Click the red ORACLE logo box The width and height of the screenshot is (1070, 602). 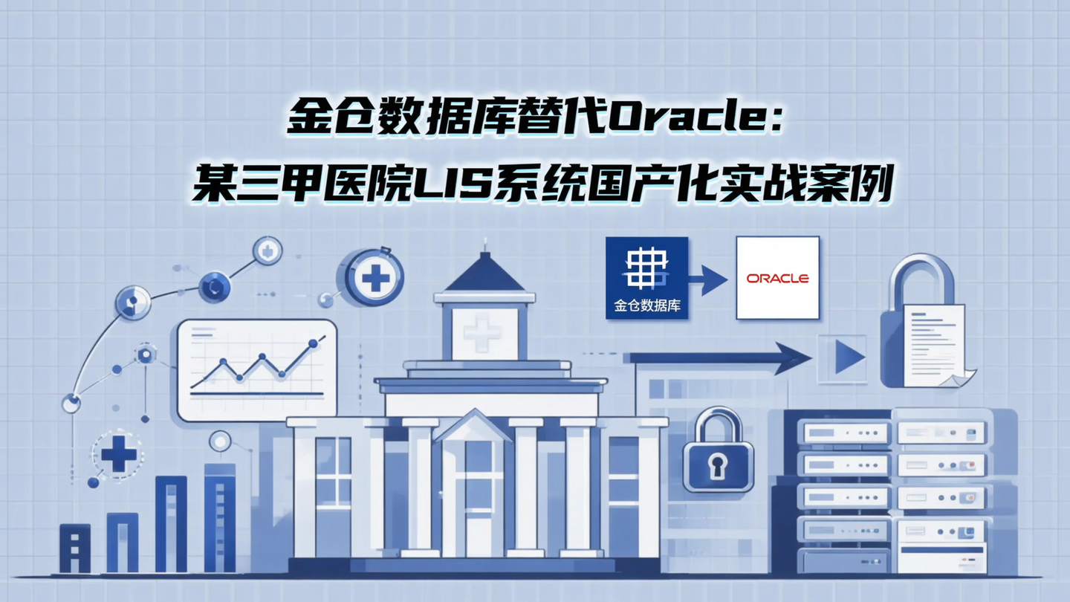click(x=777, y=278)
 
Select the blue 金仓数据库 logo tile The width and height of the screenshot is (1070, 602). click(x=646, y=278)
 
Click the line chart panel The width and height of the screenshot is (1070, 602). click(x=257, y=369)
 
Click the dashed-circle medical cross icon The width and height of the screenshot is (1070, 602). click(x=118, y=453)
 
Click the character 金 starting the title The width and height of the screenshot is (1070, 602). click(x=311, y=119)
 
